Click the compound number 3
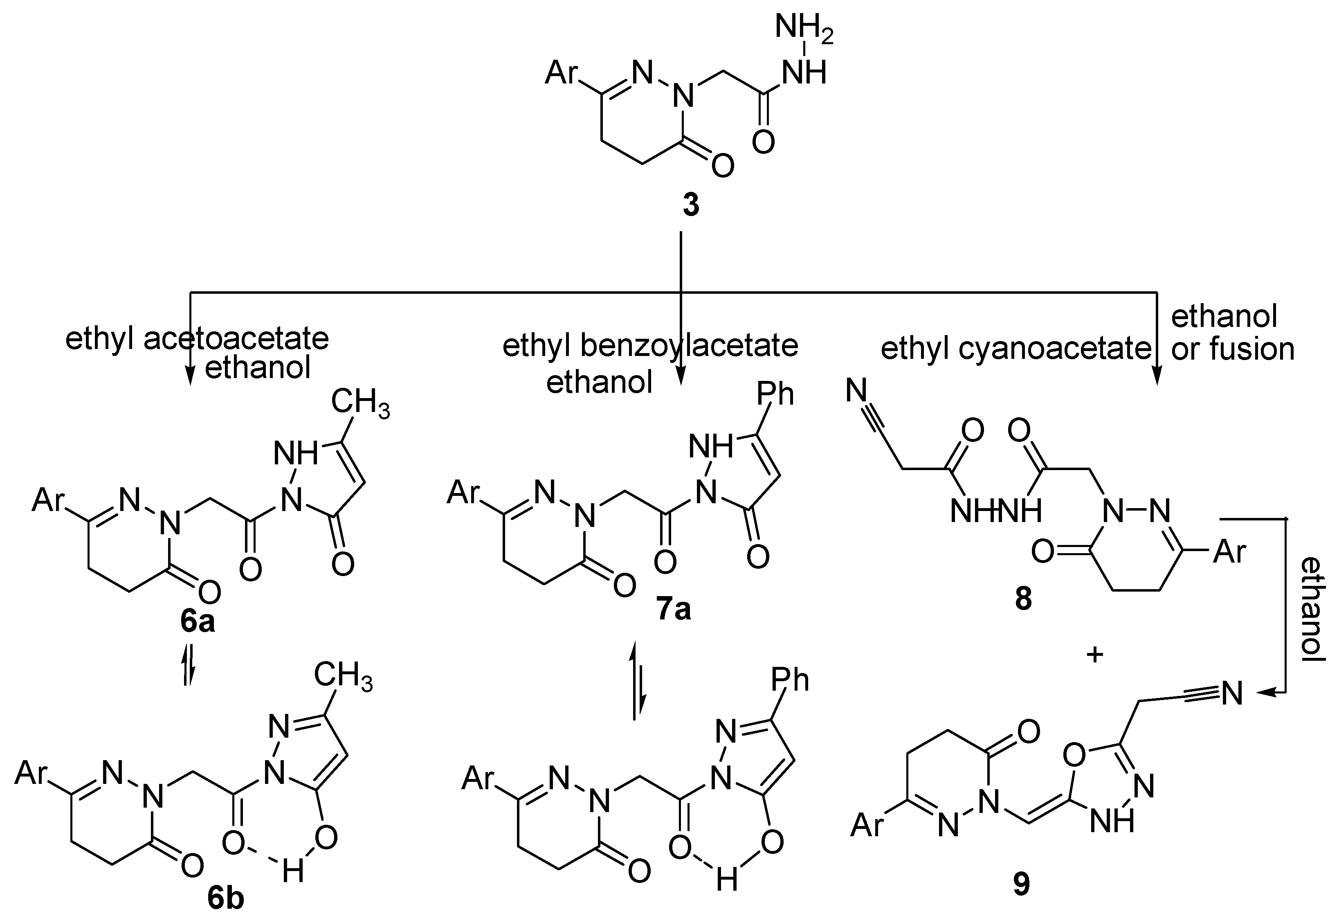(x=690, y=205)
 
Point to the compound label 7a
(x=674, y=609)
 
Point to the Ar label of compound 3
(x=562, y=74)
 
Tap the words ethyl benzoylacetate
(x=650, y=346)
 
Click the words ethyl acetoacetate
(x=197, y=338)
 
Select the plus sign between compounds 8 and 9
(x=1095, y=655)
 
